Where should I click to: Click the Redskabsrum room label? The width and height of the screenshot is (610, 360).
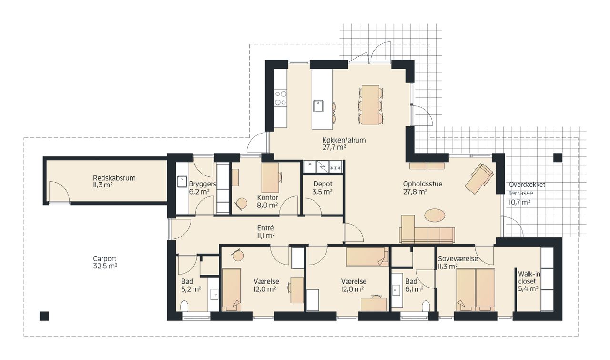(x=114, y=182)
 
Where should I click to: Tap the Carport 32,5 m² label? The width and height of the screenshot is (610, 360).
(x=105, y=262)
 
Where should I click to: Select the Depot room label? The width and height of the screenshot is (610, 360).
(x=323, y=188)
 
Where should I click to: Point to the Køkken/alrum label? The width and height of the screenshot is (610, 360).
(x=344, y=144)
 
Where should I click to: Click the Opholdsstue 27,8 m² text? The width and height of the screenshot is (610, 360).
(x=423, y=188)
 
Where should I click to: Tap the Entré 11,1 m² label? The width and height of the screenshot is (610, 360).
(x=266, y=231)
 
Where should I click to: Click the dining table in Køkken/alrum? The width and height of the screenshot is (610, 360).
(x=370, y=105)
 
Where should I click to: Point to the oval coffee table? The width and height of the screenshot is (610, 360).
(x=435, y=216)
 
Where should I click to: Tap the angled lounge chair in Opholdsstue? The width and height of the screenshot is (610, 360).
(x=479, y=178)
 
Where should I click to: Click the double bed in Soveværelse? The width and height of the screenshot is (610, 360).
(x=476, y=290)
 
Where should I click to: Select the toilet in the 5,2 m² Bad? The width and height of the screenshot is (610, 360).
(x=184, y=306)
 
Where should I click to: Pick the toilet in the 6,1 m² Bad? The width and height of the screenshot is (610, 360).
(x=426, y=306)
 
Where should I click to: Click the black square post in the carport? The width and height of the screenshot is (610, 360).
(x=44, y=316)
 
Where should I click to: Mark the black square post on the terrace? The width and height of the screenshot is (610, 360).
(x=558, y=157)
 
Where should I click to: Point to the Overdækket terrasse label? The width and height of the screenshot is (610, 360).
(x=527, y=193)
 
